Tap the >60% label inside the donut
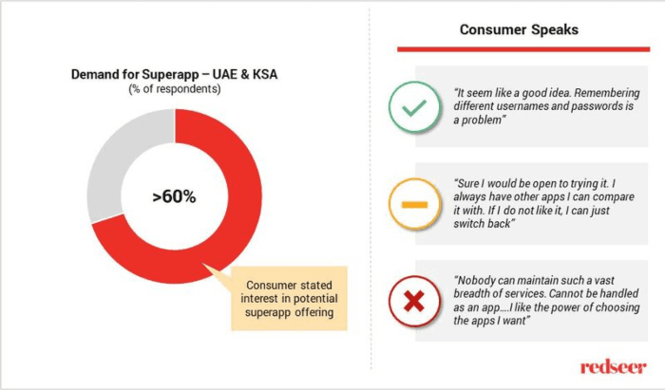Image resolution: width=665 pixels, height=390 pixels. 174,197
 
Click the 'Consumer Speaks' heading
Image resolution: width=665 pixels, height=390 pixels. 519,29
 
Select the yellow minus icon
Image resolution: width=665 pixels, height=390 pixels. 413,204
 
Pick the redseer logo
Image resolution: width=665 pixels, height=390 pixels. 614,364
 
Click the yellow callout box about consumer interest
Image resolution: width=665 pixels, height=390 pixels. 289,299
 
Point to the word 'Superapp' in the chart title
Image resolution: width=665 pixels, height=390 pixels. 175,74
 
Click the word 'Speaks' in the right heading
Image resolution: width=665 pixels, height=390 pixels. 555,29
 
